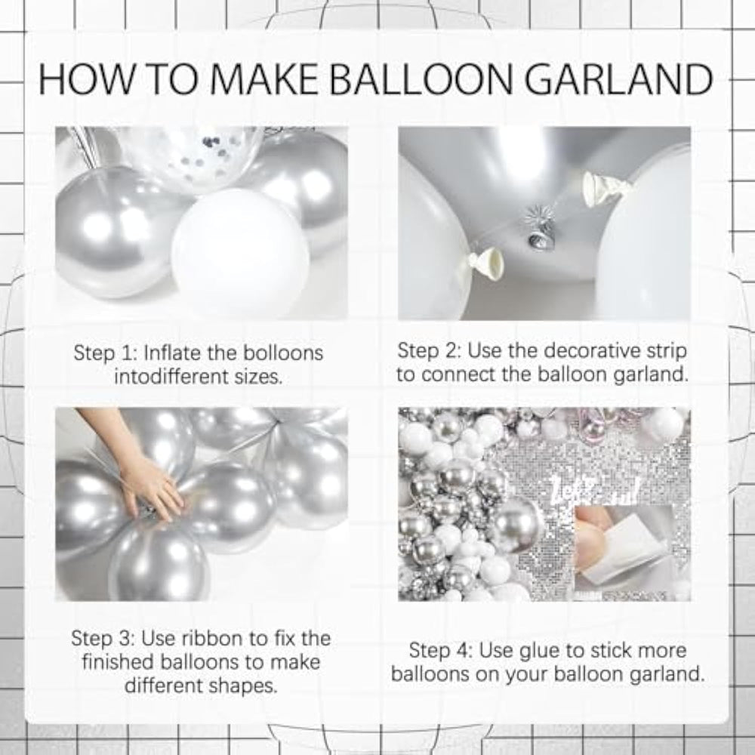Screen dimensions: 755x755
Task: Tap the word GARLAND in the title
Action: pyautogui.click(x=618, y=79)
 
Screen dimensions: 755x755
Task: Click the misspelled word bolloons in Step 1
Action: pyautogui.click(x=282, y=353)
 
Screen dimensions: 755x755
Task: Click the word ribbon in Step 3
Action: pyautogui.click(x=213, y=639)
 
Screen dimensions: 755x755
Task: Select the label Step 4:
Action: pyautogui.click(x=441, y=651)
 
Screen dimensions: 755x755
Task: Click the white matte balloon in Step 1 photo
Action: pyautogui.click(x=240, y=252)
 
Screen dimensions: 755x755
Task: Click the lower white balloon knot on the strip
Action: pyautogui.click(x=486, y=263)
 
